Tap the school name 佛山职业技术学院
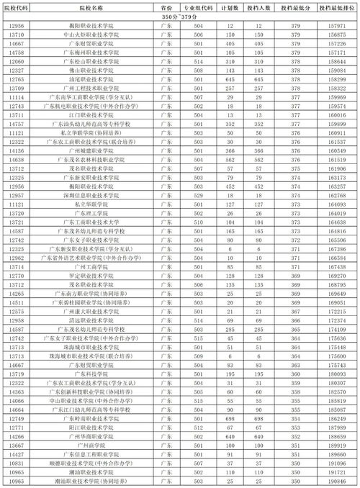(x=87, y=71)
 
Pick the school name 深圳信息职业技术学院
(x=87, y=196)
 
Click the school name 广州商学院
(x=87, y=446)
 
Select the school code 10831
(x=19, y=462)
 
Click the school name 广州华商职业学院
(x=87, y=437)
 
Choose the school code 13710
(x=19, y=34)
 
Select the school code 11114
(x=19, y=96)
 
